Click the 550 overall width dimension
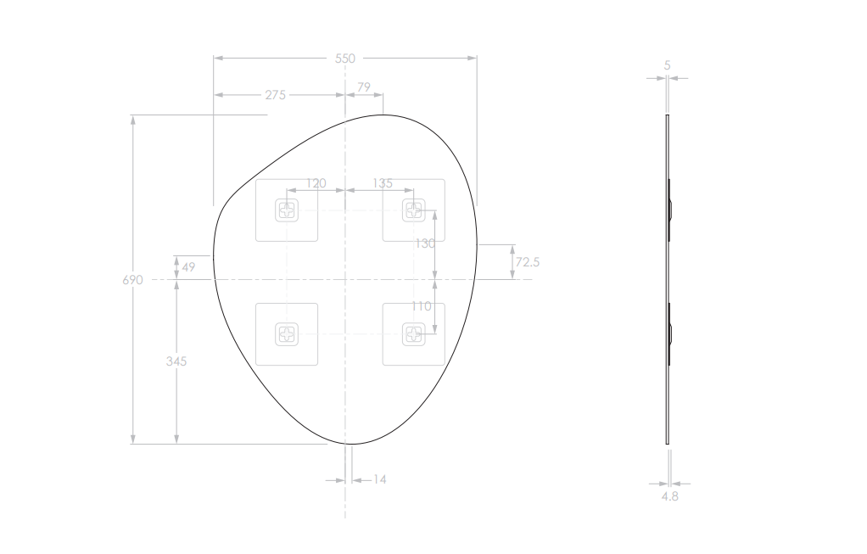(345, 59)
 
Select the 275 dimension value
(275, 95)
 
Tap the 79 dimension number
(364, 87)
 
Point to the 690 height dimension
(133, 280)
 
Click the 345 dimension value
(176, 361)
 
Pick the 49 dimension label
(188, 267)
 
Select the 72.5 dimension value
(527, 262)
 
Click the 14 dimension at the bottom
(379, 480)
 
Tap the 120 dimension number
(316, 183)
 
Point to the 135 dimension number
(382, 183)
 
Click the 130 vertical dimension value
(424, 243)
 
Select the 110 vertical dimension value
(422, 306)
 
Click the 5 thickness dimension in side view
(667, 65)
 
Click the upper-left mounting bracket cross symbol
(287, 210)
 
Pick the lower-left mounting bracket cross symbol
(287, 334)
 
